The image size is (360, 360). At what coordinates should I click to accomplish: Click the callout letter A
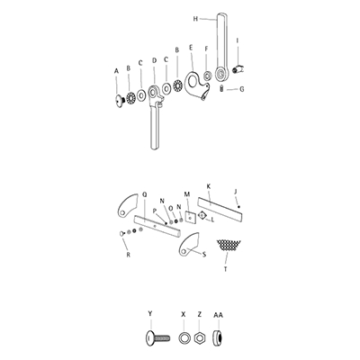pyautogui.click(x=116, y=68)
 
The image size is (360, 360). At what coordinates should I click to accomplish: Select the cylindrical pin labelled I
pyautogui.click(x=240, y=68)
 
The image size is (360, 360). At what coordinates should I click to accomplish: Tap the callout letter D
pyautogui.click(x=154, y=61)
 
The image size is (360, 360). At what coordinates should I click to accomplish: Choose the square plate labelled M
pyautogui.click(x=191, y=216)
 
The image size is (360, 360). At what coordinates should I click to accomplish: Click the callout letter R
pyautogui.click(x=129, y=256)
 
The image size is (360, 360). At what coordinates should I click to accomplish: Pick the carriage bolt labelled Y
pyautogui.click(x=153, y=337)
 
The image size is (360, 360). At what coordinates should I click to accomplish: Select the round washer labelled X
pyautogui.click(x=184, y=337)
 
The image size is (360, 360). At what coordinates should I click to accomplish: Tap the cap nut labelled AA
pyautogui.click(x=219, y=337)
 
